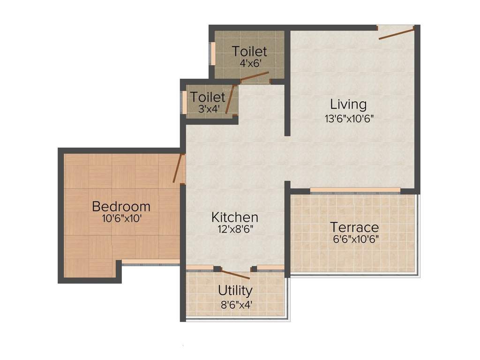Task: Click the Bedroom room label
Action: pos(121,206)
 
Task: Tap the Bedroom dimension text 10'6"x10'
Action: pos(121,218)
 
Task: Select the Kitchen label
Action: pos(234,217)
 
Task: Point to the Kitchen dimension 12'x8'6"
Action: pos(234,229)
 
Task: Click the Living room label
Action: pos(348,104)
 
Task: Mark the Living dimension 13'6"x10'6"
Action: pos(349,118)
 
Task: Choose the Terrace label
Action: pos(354,228)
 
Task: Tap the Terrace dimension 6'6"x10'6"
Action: pos(354,239)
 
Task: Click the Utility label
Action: pos(235,291)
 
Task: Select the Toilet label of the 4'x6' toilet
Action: pos(249,51)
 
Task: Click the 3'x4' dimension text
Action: pos(208,109)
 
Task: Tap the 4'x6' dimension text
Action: pos(249,63)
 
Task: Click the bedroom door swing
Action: pos(177,168)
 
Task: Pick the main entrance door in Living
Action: pos(396,33)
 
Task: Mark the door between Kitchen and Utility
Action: pos(235,274)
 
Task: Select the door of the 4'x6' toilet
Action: pos(255,77)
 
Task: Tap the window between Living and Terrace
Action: pos(355,190)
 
